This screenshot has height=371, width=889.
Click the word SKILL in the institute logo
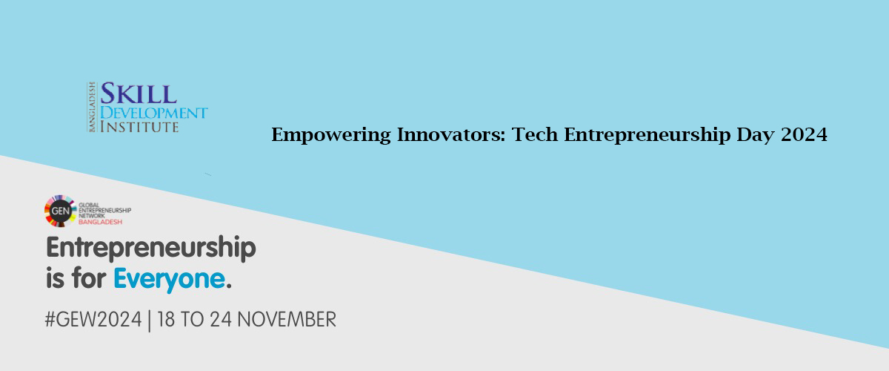click(x=139, y=93)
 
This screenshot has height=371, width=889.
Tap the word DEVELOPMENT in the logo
click(x=153, y=113)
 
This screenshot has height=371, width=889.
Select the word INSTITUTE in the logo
click(x=139, y=127)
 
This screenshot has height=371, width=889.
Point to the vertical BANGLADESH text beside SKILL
click(x=92, y=107)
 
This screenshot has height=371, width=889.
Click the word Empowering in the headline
click(x=331, y=135)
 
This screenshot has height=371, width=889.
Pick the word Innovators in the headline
click(x=451, y=134)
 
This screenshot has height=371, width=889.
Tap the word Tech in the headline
click(x=535, y=134)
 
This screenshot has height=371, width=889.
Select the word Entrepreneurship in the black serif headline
click(x=647, y=135)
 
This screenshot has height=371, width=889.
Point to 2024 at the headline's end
click(x=804, y=134)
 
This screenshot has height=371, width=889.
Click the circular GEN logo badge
click(x=60, y=211)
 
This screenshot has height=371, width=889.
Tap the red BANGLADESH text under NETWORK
click(x=101, y=222)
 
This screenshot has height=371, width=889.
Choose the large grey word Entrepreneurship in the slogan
click(x=151, y=249)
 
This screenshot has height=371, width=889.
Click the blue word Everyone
click(x=170, y=280)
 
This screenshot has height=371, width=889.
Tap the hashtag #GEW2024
click(x=93, y=320)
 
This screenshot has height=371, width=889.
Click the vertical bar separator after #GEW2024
click(x=149, y=321)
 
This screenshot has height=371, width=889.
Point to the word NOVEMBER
click(x=287, y=320)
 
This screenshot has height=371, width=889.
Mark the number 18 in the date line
click(x=166, y=320)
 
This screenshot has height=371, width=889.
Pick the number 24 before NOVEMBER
click(x=221, y=320)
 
